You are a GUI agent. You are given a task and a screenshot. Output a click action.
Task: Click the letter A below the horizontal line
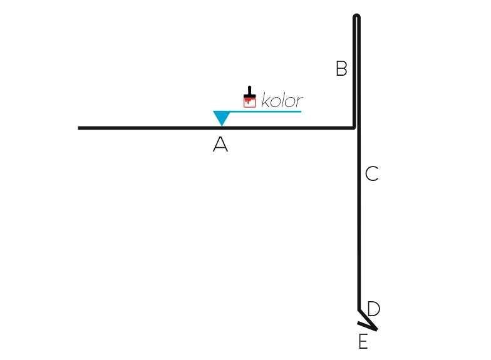click(x=220, y=144)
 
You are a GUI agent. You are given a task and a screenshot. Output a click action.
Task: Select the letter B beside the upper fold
click(x=341, y=68)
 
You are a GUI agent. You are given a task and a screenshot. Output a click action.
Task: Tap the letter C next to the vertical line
click(x=372, y=173)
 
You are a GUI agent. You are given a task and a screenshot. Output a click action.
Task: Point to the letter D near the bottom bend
click(x=374, y=309)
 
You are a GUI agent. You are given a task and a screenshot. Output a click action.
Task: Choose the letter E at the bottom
click(x=363, y=341)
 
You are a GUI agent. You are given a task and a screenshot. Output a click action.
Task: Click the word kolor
click(x=282, y=100)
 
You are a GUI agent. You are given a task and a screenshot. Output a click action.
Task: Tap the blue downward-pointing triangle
click(x=222, y=118)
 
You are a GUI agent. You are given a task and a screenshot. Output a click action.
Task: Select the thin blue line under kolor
click(x=266, y=111)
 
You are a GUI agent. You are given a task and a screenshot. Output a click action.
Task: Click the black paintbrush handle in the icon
click(x=249, y=91)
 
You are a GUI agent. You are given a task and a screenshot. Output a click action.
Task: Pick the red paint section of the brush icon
click(x=249, y=103)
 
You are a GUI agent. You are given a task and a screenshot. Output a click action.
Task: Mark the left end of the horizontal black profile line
click(x=78, y=128)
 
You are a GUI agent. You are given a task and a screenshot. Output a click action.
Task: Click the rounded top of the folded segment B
click(x=356, y=16)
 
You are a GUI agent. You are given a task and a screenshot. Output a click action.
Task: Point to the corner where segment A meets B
click(x=354, y=128)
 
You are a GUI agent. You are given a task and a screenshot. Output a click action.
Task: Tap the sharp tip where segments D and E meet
click(x=377, y=329)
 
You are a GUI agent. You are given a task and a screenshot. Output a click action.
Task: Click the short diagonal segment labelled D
click(x=368, y=319)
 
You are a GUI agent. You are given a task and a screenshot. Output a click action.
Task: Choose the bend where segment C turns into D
click(x=359, y=309)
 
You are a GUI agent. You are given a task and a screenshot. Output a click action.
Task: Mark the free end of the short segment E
click(x=358, y=323)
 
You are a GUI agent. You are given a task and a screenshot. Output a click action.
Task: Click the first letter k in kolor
click(x=266, y=100)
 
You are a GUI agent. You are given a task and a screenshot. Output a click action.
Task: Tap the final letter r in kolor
click(x=299, y=102)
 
